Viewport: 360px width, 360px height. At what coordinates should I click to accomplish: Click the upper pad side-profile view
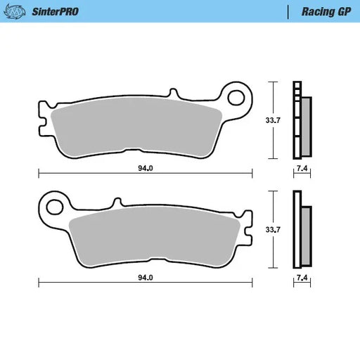302,120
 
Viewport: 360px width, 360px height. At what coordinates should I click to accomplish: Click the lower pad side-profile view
302,229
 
